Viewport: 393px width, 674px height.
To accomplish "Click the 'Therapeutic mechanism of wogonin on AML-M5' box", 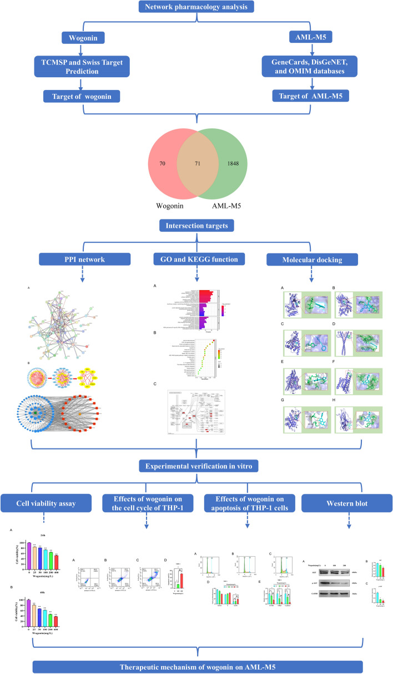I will point(196,663).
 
